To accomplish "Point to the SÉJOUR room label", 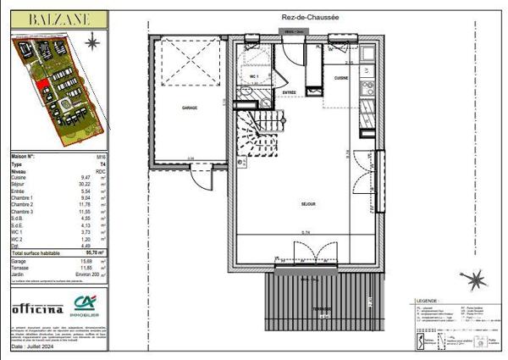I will [308, 204].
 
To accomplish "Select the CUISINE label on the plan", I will [341, 77].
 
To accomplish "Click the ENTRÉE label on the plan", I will [290, 92].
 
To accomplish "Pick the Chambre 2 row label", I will [24, 204].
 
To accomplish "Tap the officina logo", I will [37, 309].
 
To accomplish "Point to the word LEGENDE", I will [426, 300].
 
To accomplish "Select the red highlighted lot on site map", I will [42, 84].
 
